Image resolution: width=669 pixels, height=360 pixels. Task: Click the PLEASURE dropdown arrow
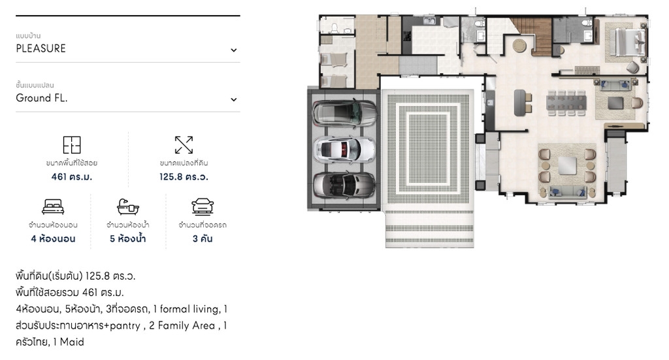point(233,50)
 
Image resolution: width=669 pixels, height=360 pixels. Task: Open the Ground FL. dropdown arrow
point(233,99)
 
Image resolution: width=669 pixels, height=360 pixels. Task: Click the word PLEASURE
point(41,48)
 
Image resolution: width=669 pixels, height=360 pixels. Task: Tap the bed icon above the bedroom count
point(53,207)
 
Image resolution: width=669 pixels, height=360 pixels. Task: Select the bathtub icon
point(128,207)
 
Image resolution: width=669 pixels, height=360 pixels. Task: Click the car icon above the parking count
point(203,206)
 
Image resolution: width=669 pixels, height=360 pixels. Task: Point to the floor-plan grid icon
point(72,145)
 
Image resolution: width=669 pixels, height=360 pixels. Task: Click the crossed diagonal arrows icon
point(184,145)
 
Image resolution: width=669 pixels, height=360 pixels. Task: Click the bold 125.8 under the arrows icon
point(171,176)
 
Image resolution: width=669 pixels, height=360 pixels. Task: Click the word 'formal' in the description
point(174,309)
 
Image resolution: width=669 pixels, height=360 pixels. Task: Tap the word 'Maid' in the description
point(72,342)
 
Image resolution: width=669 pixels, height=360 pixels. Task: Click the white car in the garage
point(344,150)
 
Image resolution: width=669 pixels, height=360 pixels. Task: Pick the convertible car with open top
point(344,185)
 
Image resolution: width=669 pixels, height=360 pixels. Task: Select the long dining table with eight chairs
point(566,103)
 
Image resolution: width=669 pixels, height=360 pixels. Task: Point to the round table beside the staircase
point(519,46)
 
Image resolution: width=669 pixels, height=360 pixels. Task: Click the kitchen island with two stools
point(520,103)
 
